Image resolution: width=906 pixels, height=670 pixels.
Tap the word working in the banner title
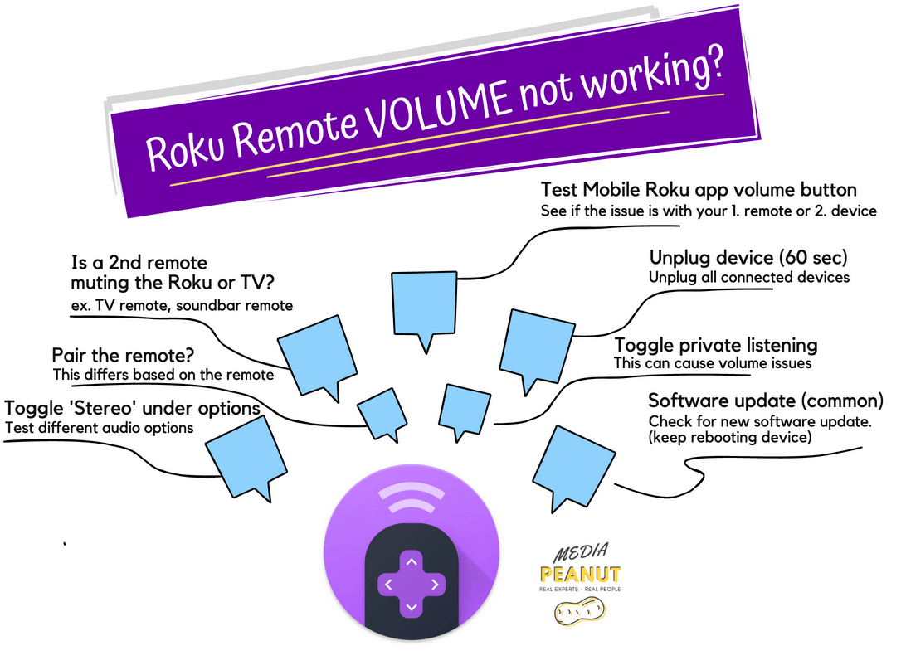coord(653,77)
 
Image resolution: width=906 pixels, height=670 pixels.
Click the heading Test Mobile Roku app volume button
coord(699,189)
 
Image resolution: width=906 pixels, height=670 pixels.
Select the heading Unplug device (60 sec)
coord(748,257)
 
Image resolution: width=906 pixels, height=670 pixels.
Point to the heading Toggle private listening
coord(716,345)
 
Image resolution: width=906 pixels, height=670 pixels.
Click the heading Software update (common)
coord(766,401)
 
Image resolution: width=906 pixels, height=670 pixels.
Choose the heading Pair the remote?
coord(123,355)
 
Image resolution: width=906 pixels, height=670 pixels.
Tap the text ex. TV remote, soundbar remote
coord(182,305)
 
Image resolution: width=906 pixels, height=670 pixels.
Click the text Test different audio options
coord(100,428)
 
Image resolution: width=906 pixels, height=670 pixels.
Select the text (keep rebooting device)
coord(730,437)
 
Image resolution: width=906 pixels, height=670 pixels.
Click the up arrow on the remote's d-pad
coord(412,561)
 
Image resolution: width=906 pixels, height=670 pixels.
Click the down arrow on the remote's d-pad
coord(412,607)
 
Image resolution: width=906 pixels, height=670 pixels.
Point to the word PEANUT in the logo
coord(580,575)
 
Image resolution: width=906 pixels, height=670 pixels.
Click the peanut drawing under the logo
coord(580,612)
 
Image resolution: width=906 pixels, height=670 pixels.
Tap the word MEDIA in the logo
coord(581,552)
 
